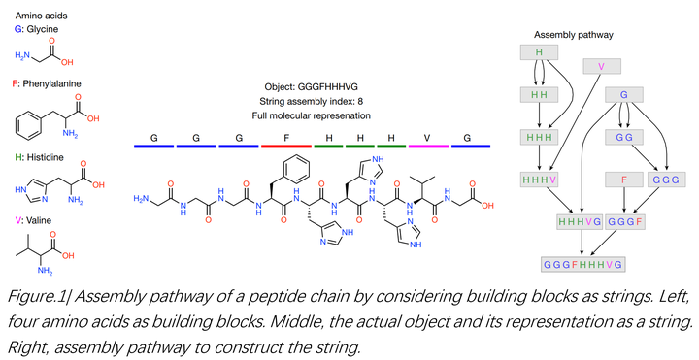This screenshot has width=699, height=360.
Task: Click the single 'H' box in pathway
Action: (539, 50)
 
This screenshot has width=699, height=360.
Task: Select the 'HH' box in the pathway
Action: (539, 94)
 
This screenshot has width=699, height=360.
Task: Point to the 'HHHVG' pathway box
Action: (577, 222)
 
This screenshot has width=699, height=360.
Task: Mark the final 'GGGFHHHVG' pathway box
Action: (582, 264)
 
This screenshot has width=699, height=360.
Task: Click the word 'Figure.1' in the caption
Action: (33, 295)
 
